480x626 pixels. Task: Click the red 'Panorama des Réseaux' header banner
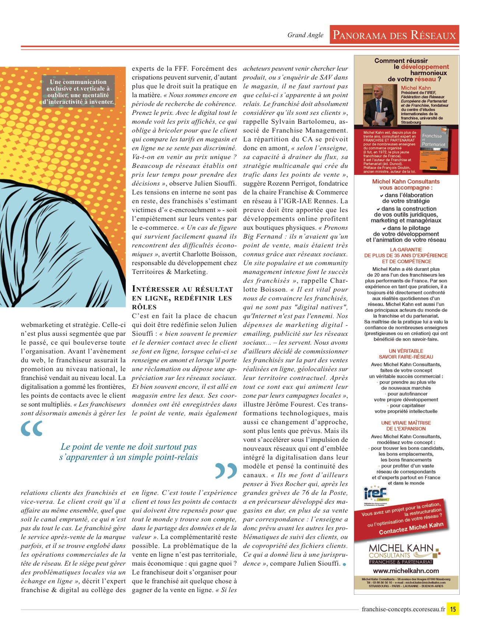tap(394, 35)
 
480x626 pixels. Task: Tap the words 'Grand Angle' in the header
tap(305, 35)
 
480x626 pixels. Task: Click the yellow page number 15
tap(453, 609)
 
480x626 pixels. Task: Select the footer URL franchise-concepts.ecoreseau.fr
tap(403, 609)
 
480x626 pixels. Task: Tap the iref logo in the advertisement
tap(375, 494)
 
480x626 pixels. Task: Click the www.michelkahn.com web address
tap(406, 571)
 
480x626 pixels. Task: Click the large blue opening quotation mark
tap(32, 429)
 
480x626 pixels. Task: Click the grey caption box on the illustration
tap(78, 92)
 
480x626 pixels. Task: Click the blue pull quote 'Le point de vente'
tap(129, 452)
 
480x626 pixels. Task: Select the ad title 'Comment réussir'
tap(401, 61)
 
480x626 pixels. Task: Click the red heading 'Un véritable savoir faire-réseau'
tap(406, 354)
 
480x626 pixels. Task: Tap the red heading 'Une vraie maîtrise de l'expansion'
tap(406, 426)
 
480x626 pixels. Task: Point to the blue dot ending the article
tap(344, 565)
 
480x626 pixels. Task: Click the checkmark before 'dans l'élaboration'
tap(382, 196)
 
